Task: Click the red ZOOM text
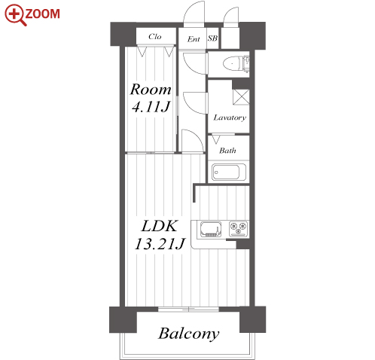point(42,14)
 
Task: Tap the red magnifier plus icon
point(16,15)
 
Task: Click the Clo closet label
point(154,37)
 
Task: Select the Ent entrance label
point(194,39)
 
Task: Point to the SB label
point(212,38)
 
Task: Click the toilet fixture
point(236,63)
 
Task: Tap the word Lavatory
point(230,117)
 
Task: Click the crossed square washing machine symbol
point(241,97)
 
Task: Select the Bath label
point(227,151)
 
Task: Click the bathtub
point(229,172)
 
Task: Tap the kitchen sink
point(211,229)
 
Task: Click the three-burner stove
point(239,229)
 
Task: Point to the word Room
point(151,90)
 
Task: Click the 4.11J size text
point(151,106)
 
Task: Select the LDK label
point(160,226)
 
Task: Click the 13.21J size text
point(160,243)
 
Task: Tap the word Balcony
point(189,334)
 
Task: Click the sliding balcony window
point(188,310)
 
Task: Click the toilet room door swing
point(195,63)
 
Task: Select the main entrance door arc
point(194,14)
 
